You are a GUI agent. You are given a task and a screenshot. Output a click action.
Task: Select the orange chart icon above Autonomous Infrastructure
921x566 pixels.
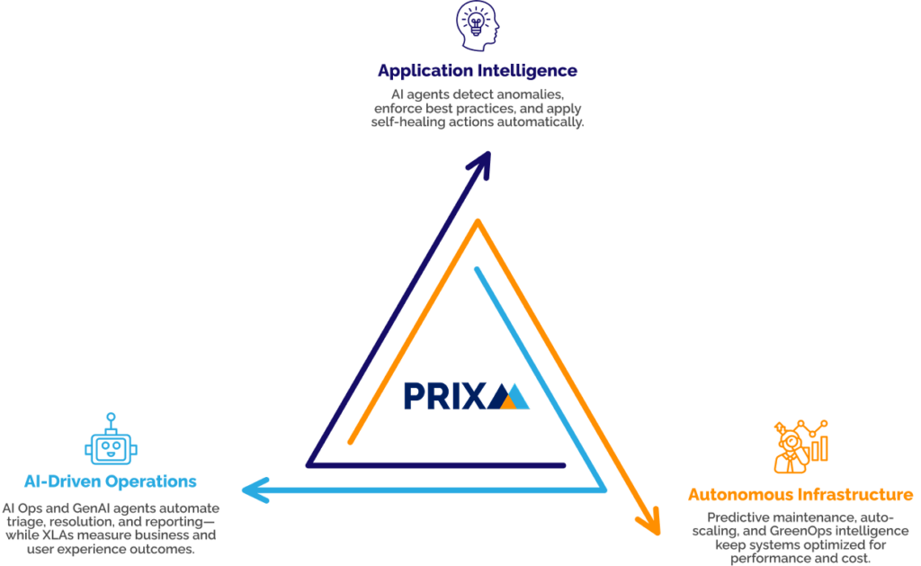pos(800,445)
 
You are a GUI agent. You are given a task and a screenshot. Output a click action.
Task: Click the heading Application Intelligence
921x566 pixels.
pos(478,70)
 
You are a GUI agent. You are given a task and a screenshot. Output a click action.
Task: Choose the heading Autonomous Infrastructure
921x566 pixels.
pos(800,495)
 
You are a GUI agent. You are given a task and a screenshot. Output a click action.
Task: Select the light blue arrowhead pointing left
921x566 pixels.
pos(255,490)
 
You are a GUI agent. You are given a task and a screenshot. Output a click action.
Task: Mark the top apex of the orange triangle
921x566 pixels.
pos(478,224)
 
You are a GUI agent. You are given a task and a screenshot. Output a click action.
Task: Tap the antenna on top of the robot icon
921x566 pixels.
pos(110,417)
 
